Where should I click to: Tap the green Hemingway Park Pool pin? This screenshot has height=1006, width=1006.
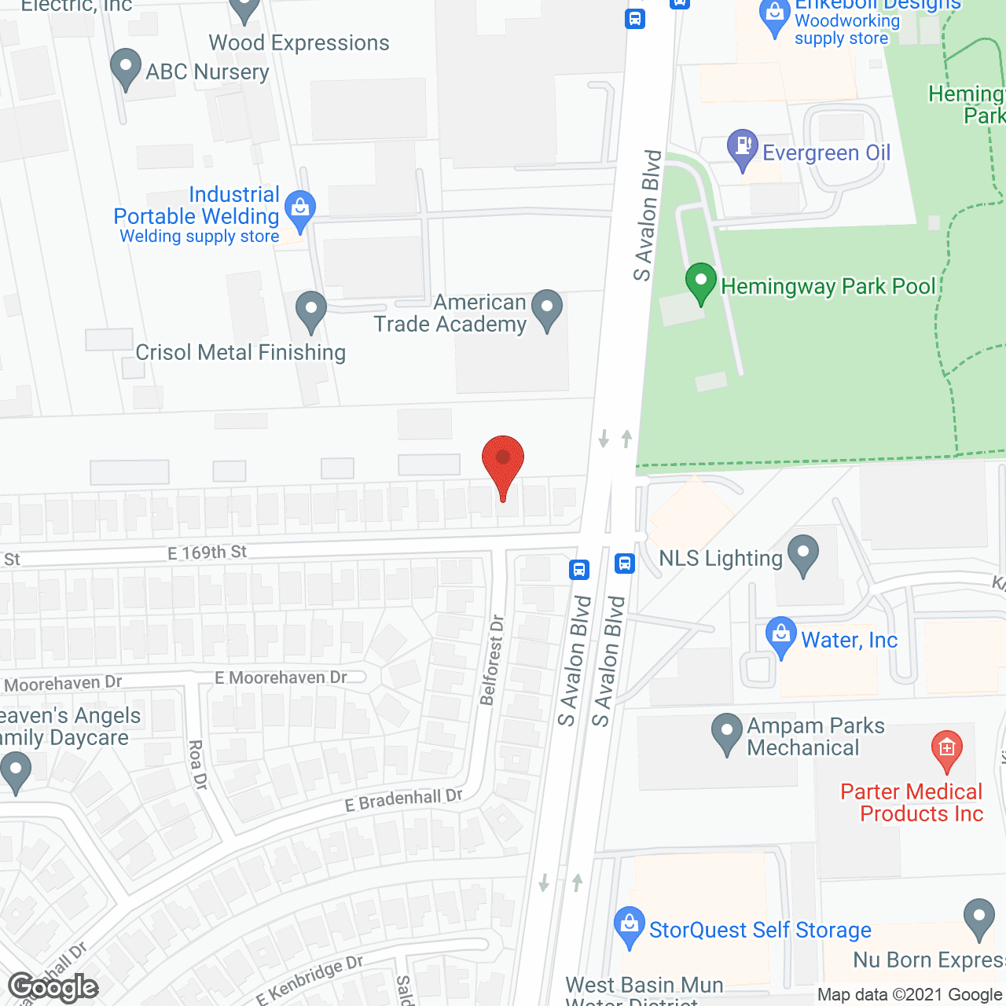tap(700, 282)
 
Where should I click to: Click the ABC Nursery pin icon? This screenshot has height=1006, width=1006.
tap(125, 68)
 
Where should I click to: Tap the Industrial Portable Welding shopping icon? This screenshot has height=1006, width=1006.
tap(299, 209)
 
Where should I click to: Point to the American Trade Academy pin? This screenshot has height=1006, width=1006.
tap(547, 310)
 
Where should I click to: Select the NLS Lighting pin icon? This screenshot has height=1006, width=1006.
tap(803, 554)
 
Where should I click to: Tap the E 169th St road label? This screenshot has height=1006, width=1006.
tap(207, 553)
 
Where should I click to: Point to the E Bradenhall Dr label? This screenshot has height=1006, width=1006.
tap(403, 800)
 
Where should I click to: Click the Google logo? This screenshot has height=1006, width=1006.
tap(53, 987)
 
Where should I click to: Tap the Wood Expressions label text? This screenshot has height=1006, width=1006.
tap(299, 42)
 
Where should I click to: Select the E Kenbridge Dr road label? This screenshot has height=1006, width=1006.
tap(310, 979)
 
